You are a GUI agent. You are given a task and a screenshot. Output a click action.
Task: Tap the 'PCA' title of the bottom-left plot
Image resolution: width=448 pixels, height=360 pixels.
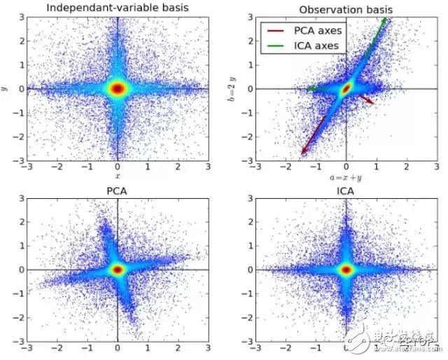click(117, 190)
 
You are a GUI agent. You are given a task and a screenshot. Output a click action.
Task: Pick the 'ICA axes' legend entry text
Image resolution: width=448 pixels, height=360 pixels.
click(316, 46)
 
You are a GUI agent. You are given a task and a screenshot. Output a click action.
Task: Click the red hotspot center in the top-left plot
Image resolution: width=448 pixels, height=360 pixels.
click(117, 89)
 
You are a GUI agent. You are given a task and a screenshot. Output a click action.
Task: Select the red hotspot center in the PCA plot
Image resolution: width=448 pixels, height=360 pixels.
click(117, 269)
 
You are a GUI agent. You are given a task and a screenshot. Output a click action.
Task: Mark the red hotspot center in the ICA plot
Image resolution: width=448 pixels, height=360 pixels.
click(345, 269)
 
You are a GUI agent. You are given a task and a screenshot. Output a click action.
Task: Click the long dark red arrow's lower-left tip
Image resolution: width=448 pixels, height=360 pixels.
click(302, 153)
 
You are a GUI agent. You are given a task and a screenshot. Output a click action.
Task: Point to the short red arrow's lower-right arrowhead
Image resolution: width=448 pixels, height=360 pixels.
click(371, 104)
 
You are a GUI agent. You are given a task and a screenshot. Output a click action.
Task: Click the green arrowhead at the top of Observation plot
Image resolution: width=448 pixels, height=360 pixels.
click(384, 20)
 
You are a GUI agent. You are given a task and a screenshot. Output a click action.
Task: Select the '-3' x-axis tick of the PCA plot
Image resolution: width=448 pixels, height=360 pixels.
click(26, 347)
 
